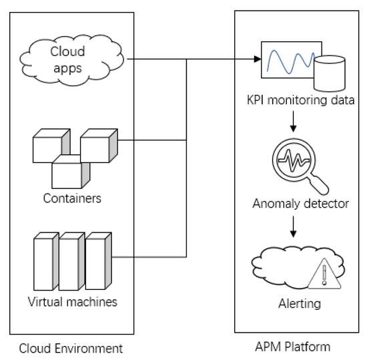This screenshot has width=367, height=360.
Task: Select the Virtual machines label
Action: click(x=73, y=301)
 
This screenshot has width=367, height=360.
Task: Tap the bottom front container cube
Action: click(x=69, y=172)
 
